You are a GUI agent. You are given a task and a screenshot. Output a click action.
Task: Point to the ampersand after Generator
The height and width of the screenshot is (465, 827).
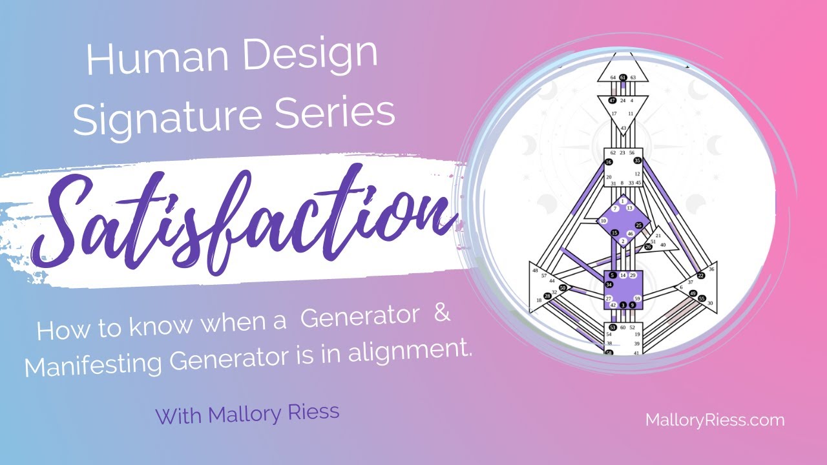tap(438, 318)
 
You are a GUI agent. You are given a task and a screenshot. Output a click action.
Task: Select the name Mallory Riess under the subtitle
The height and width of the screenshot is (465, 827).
tap(247, 413)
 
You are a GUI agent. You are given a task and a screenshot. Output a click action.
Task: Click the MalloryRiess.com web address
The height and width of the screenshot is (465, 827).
tap(715, 420)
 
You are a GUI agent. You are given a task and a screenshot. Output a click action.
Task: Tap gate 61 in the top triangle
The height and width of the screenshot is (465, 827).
tap(623, 77)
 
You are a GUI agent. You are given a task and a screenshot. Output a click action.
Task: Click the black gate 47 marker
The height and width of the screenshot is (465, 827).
tap(612, 100)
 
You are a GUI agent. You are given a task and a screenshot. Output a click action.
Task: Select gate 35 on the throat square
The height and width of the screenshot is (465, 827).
tap(637, 160)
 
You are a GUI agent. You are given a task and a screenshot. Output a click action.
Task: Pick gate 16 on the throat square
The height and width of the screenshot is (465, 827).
tap(609, 162)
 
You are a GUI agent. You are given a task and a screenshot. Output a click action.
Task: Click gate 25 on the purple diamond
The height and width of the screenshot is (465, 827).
tap(639, 225)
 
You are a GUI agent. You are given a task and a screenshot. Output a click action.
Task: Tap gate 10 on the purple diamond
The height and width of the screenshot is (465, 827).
tap(603, 221)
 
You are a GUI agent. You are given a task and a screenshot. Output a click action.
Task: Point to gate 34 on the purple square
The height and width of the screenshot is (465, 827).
tap(609, 285)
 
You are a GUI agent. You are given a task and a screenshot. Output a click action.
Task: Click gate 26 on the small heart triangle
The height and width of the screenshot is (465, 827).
tap(648, 247)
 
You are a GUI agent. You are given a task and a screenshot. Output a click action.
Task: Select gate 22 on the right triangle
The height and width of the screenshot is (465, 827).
tap(701, 276)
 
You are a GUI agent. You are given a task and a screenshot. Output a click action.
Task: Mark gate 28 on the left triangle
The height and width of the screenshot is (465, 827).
tap(547, 296)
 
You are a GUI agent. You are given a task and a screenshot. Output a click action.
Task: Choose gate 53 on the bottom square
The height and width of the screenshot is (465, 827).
tap(612, 328)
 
